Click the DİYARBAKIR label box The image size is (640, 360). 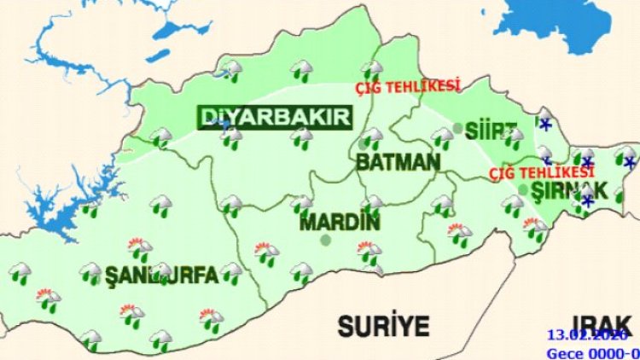pyautogui.click(x=275, y=117)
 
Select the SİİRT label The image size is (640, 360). pyautogui.click(x=492, y=131)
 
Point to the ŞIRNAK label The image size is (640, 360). pyautogui.click(x=569, y=191)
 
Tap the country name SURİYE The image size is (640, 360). pyautogui.click(x=383, y=324)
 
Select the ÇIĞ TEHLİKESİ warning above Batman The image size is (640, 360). pyautogui.click(x=408, y=86)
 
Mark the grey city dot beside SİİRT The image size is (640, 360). pyautogui.click(x=458, y=129)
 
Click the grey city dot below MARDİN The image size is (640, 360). pyautogui.click(x=325, y=241)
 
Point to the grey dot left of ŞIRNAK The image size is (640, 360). pyautogui.click(x=523, y=189)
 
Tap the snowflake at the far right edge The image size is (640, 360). pyautogui.click(x=630, y=161)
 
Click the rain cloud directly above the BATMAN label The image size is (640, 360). pyautogui.click(x=371, y=136)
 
